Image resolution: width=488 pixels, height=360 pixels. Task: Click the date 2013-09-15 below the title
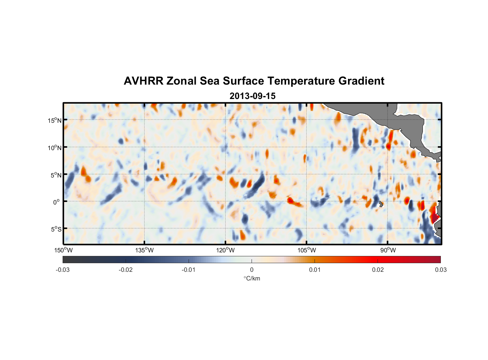(x=252, y=96)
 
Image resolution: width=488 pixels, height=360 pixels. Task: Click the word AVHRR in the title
(x=143, y=81)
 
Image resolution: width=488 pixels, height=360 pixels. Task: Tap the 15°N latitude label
(x=55, y=120)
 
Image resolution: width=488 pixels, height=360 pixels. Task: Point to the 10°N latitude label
(x=55, y=148)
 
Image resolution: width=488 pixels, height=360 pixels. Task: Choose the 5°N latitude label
(x=56, y=175)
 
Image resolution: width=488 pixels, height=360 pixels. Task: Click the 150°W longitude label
(x=64, y=250)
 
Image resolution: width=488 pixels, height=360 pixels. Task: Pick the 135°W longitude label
(x=145, y=250)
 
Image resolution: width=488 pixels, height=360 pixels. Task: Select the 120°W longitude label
(x=226, y=250)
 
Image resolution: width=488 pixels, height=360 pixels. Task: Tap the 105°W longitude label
(x=307, y=250)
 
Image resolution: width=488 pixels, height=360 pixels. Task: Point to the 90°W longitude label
(x=388, y=250)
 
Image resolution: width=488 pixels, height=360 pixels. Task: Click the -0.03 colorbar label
(x=63, y=270)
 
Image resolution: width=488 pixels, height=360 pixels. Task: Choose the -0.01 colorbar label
(x=189, y=270)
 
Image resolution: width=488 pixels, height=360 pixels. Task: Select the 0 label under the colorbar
(x=252, y=270)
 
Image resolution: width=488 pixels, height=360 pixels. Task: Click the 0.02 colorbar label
(x=378, y=270)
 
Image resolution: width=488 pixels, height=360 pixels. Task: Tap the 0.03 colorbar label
(x=440, y=270)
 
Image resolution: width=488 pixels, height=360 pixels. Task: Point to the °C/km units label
(x=252, y=279)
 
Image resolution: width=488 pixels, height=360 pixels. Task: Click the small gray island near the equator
(x=381, y=204)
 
